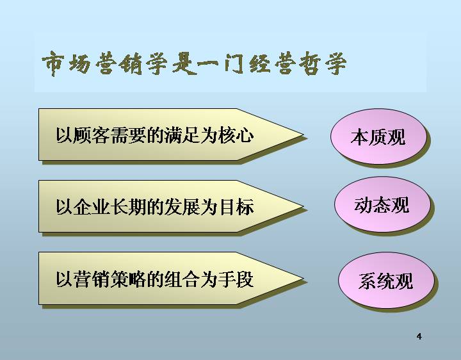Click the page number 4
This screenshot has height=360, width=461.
pyautogui.click(x=419, y=336)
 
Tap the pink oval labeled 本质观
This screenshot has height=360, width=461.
pyautogui.click(x=378, y=136)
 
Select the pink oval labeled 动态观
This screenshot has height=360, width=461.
pyautogui.click(x=382, y=204)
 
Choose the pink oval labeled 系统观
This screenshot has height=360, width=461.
pyautogui.click(x=386, y=281)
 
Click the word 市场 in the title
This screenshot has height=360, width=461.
pyautogui.click(x=66, y=63)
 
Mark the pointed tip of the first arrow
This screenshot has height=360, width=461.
pyautogui.click(x=303, y=135)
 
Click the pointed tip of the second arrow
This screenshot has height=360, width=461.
pyautogui.click(x=303, y=206)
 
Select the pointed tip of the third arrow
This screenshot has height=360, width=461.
pyautogui.click(x=303, y=279)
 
